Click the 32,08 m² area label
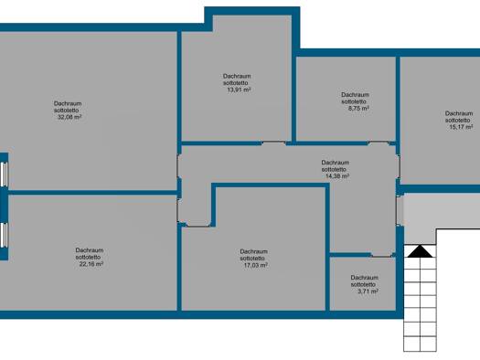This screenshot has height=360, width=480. point(69,117)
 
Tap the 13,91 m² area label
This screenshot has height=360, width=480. point(239,90)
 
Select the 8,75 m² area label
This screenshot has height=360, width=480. point(358,109)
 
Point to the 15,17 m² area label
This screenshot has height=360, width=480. point(461,127)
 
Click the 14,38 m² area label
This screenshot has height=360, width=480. point(337,176)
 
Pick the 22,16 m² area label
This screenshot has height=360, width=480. point(91,264)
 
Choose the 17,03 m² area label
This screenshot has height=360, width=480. point(255,265)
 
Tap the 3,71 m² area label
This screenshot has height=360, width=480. point(368,291)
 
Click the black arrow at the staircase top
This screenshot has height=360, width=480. point(420,251)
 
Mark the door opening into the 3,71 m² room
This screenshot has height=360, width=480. point(382,255)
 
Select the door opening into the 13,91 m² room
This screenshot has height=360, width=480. point(273,143)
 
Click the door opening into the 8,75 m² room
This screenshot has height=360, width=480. point(379,143)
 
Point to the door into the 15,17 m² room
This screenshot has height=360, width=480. point(398,166)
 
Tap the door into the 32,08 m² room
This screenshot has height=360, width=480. point(179,166)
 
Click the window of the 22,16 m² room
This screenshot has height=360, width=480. point(4,235)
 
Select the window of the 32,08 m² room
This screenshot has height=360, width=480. point(4,174)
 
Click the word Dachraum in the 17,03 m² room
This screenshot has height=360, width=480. point(254,251)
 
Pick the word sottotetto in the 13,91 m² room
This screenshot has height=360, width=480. point(236,83)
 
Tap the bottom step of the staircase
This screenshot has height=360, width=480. point(420,344)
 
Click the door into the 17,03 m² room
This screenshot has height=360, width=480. point(197,226)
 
